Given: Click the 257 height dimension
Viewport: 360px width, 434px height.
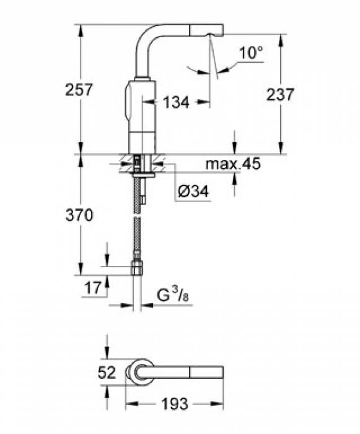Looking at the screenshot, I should [x=79, y=89].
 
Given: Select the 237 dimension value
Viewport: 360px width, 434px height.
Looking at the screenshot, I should [x=279, y=94].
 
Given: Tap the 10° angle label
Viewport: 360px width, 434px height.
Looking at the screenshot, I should [x=251, y=53].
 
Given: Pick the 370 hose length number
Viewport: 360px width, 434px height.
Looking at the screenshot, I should [x=79, y=216].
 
